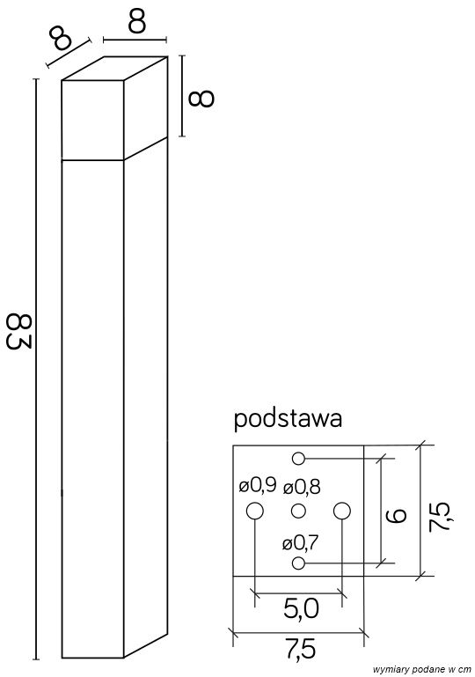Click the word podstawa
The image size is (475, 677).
pyautogui.click(x=288, y=418)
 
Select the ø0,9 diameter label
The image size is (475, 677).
pyautogui.click(x=257, y=484)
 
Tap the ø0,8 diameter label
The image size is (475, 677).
pyautogui.click(x=302, y=485)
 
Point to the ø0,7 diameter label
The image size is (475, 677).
pyautogui.click(x=300, y=543)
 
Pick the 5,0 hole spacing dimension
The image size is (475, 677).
pyautogui.click(x=299, y=607)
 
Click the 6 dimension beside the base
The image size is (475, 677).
pyautogui.click(x=397, y=511)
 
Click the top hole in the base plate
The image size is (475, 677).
pyautogui.click(x=298, y=458)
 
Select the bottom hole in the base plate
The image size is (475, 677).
pyautogui.click(x=298, y=563)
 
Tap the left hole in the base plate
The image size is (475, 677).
pyautogui.click(x=254, y=511)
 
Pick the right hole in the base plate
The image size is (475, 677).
pyautogui.click(x=341, y=511)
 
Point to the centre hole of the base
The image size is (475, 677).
pyautogui.click(x=298, y=511)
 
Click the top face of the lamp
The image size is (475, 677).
pyautogui.click(x=114, y=69)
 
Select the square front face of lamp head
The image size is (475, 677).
pyautogui.click(x=91, y=121)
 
